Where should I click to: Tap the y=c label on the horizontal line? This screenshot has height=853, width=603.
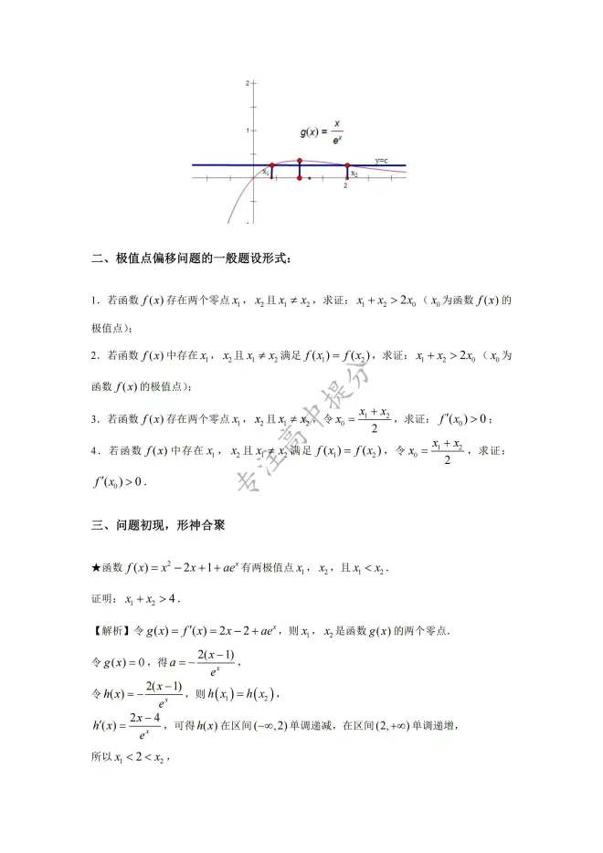pyautogui.click(x=380, y=160)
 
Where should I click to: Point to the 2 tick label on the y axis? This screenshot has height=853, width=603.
pyautogui.click(x=247, y=83)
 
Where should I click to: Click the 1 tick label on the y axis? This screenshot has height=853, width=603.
pyautogui.click(x=247, y=131)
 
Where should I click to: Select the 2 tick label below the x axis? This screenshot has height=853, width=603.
pyautogui.click(x=345, y=186)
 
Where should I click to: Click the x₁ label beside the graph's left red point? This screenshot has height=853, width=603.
pyautogui.click(x=265, y=172)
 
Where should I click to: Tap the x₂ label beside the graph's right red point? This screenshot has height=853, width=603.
pyautogui.click(x=354, y=174)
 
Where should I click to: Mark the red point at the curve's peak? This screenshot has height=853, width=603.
pyautogui.click(x=300, y=160)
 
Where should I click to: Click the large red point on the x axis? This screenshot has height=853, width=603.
pyautogui.click(x=300, y=177)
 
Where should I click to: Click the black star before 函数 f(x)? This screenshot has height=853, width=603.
pyautogui.click(x=97, y=569)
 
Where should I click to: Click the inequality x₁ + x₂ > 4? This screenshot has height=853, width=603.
pyautogui.click(x=146, y=600)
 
